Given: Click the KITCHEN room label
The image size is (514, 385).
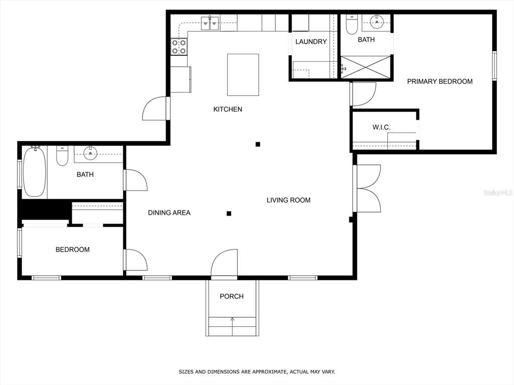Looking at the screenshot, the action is pyautogui.click(x=227, y=109).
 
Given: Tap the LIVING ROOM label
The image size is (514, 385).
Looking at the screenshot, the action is pyautogui.click(x=289, y=200).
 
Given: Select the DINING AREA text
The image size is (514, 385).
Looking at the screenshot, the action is pyautogui.click(x=169, y=213).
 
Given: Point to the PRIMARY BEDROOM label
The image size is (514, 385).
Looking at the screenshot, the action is pyautogui.click(x=440, y=82).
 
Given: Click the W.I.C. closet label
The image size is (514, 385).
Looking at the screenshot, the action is pyautogui.click(x=381, y=127).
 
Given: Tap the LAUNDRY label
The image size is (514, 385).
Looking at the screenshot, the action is pyautogui.click(x=311, y=42).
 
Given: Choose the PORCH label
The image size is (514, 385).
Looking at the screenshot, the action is pyautogui.click(x=232, y=296).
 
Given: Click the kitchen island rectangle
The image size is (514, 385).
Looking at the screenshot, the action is pyautogui.click(x=243, y=75).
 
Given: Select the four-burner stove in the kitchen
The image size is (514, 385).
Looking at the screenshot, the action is pyautogui.click(x=179, y=47).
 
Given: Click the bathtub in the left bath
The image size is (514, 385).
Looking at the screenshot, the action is pyautogui.click(x=35, y=172).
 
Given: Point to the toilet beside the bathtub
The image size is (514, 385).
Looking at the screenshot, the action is pyautogui.click(x=62, y=156).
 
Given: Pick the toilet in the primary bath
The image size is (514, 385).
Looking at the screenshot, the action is pyautogui.click(x=352, y=25).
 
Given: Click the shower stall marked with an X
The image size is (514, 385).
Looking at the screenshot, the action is pyautogui.click(x=366, y=67).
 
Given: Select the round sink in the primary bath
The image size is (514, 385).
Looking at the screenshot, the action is pyautogui.click(x=377, y=21).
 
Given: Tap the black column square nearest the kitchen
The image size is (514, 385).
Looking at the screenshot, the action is pyautogui.click(x=258, y=144).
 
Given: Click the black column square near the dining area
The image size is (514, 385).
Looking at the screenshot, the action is pyautogui.click(x=229, y=214).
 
